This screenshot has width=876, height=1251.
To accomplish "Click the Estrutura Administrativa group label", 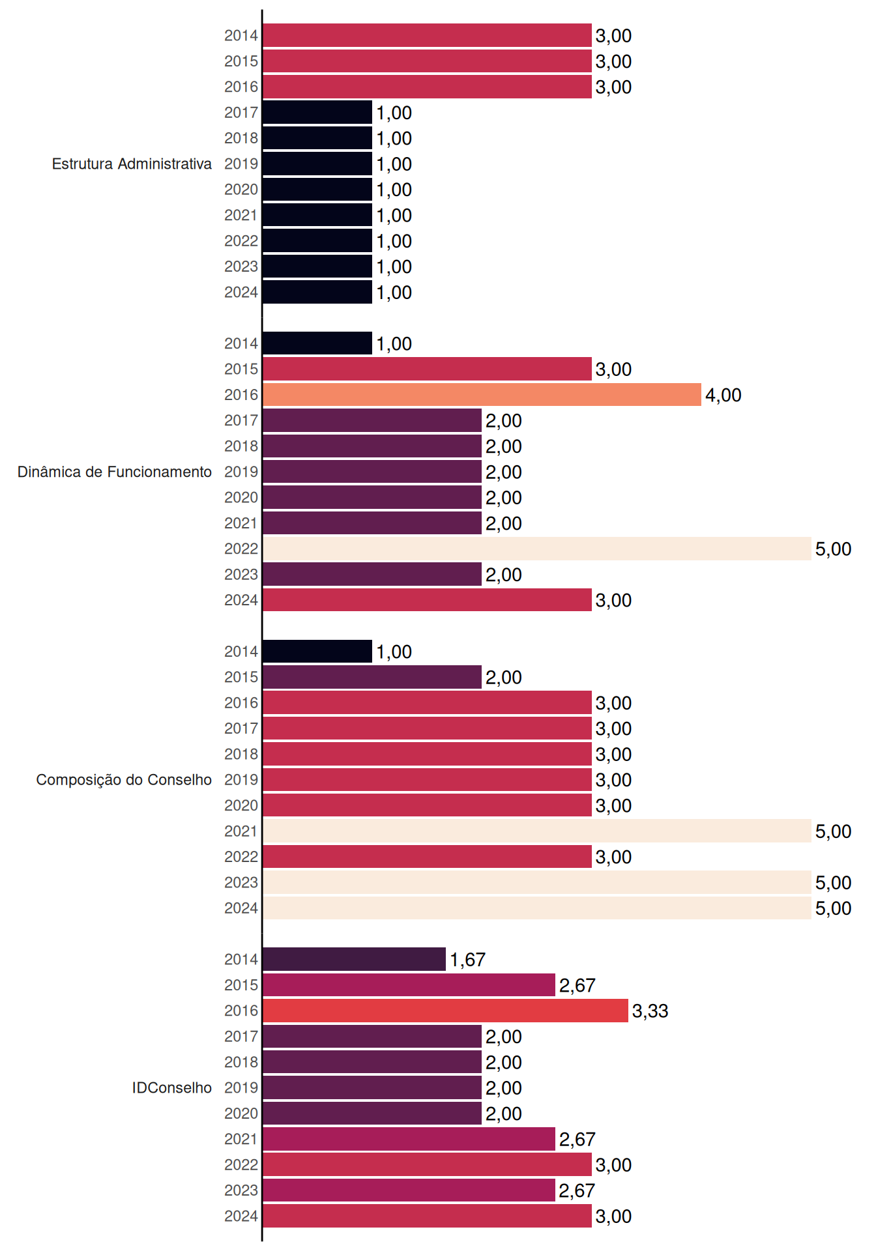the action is click(132, 164).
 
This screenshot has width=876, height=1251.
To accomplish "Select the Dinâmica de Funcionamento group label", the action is click(115, 472).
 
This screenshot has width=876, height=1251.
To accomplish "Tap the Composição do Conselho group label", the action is click(124, 780).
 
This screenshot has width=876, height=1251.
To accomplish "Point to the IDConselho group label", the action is click(172, 1087).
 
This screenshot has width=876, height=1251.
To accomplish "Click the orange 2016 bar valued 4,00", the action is click(482, 395).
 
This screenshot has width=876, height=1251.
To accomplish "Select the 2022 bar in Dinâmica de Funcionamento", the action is click(537, 549).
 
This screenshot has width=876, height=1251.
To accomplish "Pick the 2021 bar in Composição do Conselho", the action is click(537, 831).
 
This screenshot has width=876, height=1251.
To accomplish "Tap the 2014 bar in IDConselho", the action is click(354, 959).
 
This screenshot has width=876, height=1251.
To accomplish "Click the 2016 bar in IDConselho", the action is click(445, 1011).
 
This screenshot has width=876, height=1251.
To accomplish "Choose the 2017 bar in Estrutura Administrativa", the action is click(317, 113).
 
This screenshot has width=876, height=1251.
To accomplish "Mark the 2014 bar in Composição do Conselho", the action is click(317, 652).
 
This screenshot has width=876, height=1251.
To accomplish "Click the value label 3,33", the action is click(650, 1011).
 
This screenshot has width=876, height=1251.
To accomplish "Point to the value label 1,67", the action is click(468, 960).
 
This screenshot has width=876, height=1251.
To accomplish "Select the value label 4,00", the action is click(723, 395).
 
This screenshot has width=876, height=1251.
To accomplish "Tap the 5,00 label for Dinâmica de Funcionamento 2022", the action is click(834, 549).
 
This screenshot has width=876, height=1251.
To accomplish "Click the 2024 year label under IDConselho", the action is click(241, 1216).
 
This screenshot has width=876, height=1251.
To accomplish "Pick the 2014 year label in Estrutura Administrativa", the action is click(241, 35).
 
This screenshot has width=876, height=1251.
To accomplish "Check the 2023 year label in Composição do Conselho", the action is click(241, 882).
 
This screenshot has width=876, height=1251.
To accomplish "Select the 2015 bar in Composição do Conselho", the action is click(372, 677).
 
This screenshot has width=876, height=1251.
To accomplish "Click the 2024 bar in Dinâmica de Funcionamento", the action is click(427, 600).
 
